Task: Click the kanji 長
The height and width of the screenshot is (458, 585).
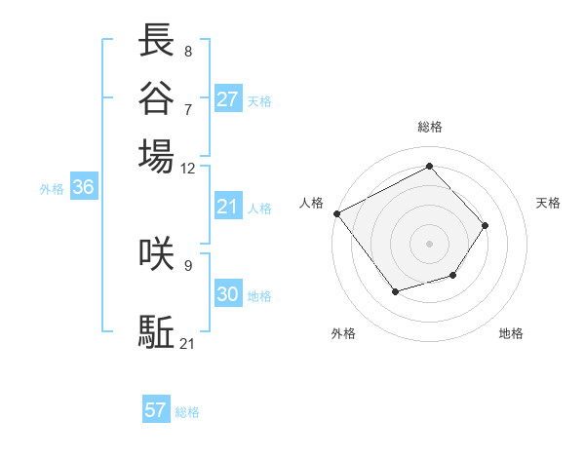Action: click(156, 40)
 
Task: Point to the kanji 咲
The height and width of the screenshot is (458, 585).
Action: click(156, 252)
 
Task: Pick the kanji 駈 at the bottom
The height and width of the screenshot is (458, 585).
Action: click(156, 331)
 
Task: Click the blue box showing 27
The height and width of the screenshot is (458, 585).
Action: click(228, 98)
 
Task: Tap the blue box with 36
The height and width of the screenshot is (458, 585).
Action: click(83, 188)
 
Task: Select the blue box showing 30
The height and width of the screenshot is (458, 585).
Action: click(228, 294)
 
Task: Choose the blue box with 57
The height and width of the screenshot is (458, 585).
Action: click(156, 410)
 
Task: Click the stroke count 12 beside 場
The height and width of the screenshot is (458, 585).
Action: click(188, 168)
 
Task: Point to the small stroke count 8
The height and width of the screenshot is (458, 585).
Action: click(188, 52)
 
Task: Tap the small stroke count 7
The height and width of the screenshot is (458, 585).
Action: click(188, 108)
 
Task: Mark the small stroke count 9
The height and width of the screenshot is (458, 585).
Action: click(188, 264)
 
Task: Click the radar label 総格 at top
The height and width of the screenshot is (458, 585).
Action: click(430, 127)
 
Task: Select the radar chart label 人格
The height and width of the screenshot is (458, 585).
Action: click(312, 203)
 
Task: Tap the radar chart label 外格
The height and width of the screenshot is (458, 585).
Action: click(343, 333)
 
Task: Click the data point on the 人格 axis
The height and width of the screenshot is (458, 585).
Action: click(336, 213)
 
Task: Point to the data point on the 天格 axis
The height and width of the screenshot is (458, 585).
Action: click(486, 225)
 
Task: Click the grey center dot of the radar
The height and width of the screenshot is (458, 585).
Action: click(430, 243)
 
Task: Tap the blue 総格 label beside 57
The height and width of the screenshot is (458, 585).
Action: click(187, 412)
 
